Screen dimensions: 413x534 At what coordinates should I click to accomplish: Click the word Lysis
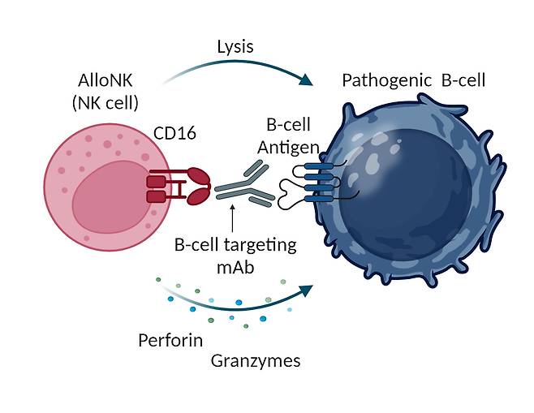tap(235, 47)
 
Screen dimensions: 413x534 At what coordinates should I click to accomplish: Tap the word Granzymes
tap(255, 361)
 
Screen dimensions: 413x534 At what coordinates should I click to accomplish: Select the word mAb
tap(233, 265)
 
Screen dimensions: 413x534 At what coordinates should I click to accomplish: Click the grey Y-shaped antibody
tap(243, 184)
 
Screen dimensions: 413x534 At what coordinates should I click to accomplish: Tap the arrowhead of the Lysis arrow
tap(307, 80)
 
